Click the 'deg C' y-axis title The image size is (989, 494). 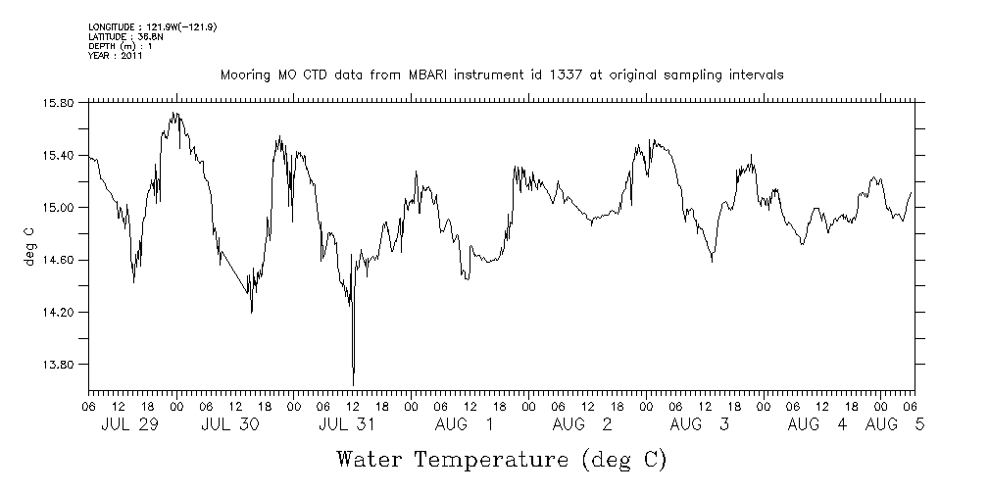(x=28, y=246)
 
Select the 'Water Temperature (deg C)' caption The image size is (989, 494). (x=502, y=459)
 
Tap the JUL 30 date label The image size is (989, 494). (x=229, y=424)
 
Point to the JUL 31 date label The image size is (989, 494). (x=347, y=424)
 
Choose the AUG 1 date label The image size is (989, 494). (x=465, y=424)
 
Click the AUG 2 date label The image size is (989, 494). (x=582, y=424)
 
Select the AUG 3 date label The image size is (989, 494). (x=700, y=424)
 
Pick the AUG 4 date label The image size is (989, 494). (x=817, y=424)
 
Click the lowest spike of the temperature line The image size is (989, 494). (x=353, y=384)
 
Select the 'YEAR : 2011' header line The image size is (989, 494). (x=116, y=56)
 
